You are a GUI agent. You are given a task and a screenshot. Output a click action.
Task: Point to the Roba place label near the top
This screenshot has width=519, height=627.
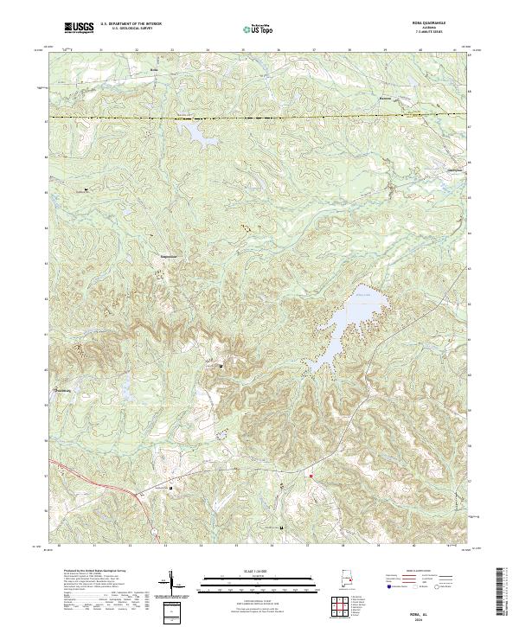[155, 68]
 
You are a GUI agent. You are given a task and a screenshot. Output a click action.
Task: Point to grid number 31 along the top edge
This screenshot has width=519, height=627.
[101, 50]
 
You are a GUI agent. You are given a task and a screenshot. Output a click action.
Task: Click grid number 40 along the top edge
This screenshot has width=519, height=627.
[420, 50]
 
